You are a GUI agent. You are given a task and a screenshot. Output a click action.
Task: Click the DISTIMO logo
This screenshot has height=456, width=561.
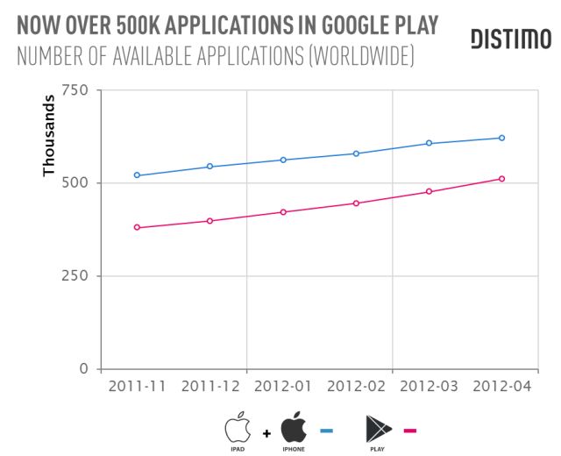point(510,39)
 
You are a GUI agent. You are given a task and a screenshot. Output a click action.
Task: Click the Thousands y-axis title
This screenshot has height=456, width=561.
point(50,142)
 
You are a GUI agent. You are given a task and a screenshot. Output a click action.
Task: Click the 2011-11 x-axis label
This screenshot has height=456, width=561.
point(137,387)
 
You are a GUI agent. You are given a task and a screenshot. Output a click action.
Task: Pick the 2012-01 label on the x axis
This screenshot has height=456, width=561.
point(282,387)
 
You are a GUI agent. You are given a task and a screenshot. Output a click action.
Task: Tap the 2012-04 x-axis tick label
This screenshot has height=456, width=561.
point(501,387)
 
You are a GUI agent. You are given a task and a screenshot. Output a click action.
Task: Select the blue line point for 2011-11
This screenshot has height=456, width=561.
point(137,175)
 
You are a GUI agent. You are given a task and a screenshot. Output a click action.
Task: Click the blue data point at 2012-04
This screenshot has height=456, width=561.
point(501,138)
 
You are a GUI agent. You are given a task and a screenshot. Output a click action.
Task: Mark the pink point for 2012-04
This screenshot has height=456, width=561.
point(501,179)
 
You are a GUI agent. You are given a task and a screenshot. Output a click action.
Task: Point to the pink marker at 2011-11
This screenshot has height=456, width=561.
point(137,227)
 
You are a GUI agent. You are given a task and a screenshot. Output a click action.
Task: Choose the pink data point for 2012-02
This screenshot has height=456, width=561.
point(356,203)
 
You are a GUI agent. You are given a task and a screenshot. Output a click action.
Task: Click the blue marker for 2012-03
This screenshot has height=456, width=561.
point(429,143)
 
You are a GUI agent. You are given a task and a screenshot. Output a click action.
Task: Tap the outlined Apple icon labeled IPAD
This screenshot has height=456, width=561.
point(236,427)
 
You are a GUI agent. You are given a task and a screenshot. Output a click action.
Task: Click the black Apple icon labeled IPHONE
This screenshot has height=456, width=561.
point(294,427)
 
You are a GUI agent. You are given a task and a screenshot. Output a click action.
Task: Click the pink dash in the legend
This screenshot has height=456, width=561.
point(410,430)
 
